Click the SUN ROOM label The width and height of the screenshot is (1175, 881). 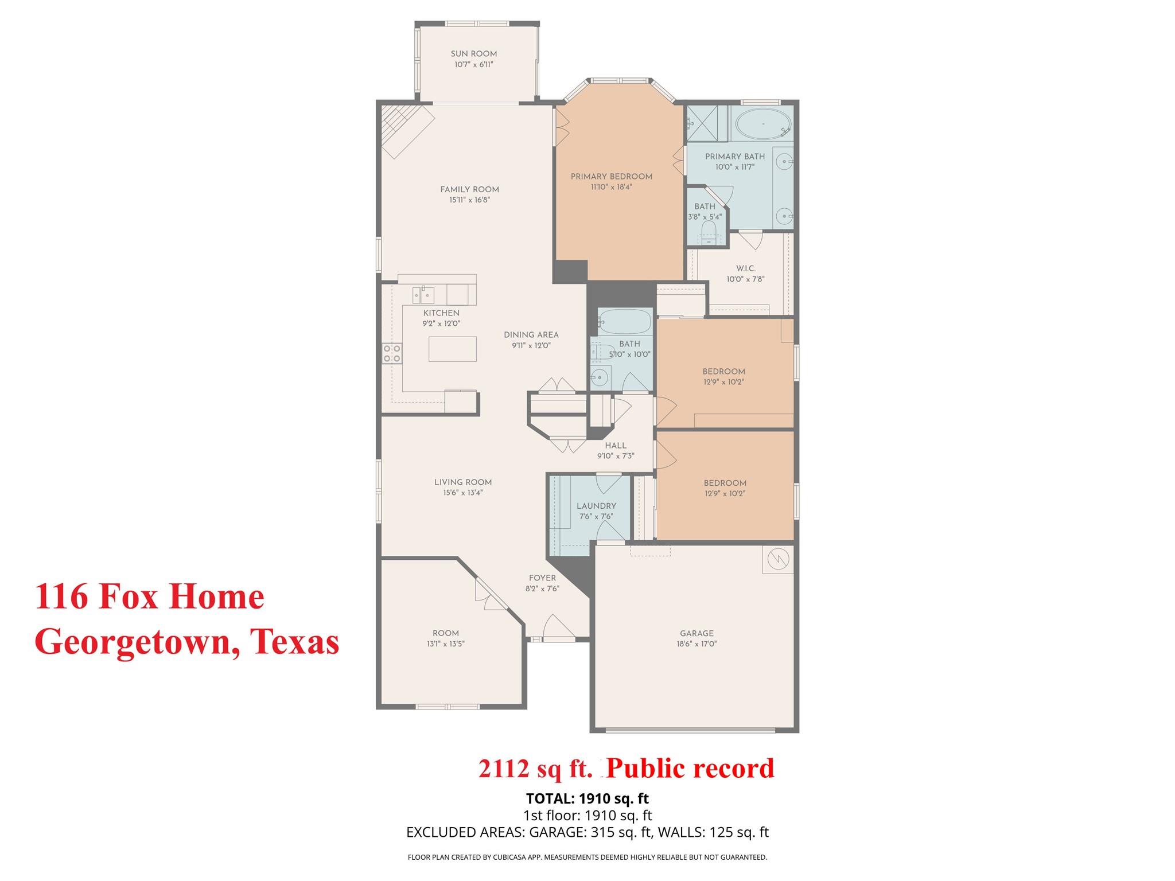coord(473,54)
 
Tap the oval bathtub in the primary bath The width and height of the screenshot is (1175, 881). coord(763,123)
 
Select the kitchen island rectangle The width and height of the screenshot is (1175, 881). coord(452,349)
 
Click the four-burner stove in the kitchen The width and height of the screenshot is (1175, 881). coord(392,353)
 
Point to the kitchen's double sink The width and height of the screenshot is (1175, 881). coord(423,295)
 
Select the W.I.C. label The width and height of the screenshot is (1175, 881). coord(745,268)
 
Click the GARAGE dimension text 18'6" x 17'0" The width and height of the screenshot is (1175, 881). coord(697,644)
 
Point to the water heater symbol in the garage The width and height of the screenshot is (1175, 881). coord(777,559)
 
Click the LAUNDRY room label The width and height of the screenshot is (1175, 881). coord(596,506)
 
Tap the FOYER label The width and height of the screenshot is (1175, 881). coord(542,578)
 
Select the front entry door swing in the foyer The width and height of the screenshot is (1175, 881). coord(558,628)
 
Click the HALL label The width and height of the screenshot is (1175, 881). coord(615,446)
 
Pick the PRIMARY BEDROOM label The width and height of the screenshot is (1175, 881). coord(611,177)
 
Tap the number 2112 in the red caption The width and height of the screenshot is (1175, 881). coord(503,769)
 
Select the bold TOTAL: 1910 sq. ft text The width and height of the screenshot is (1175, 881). coord(587,798)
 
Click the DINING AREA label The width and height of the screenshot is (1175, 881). coord(531,335)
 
